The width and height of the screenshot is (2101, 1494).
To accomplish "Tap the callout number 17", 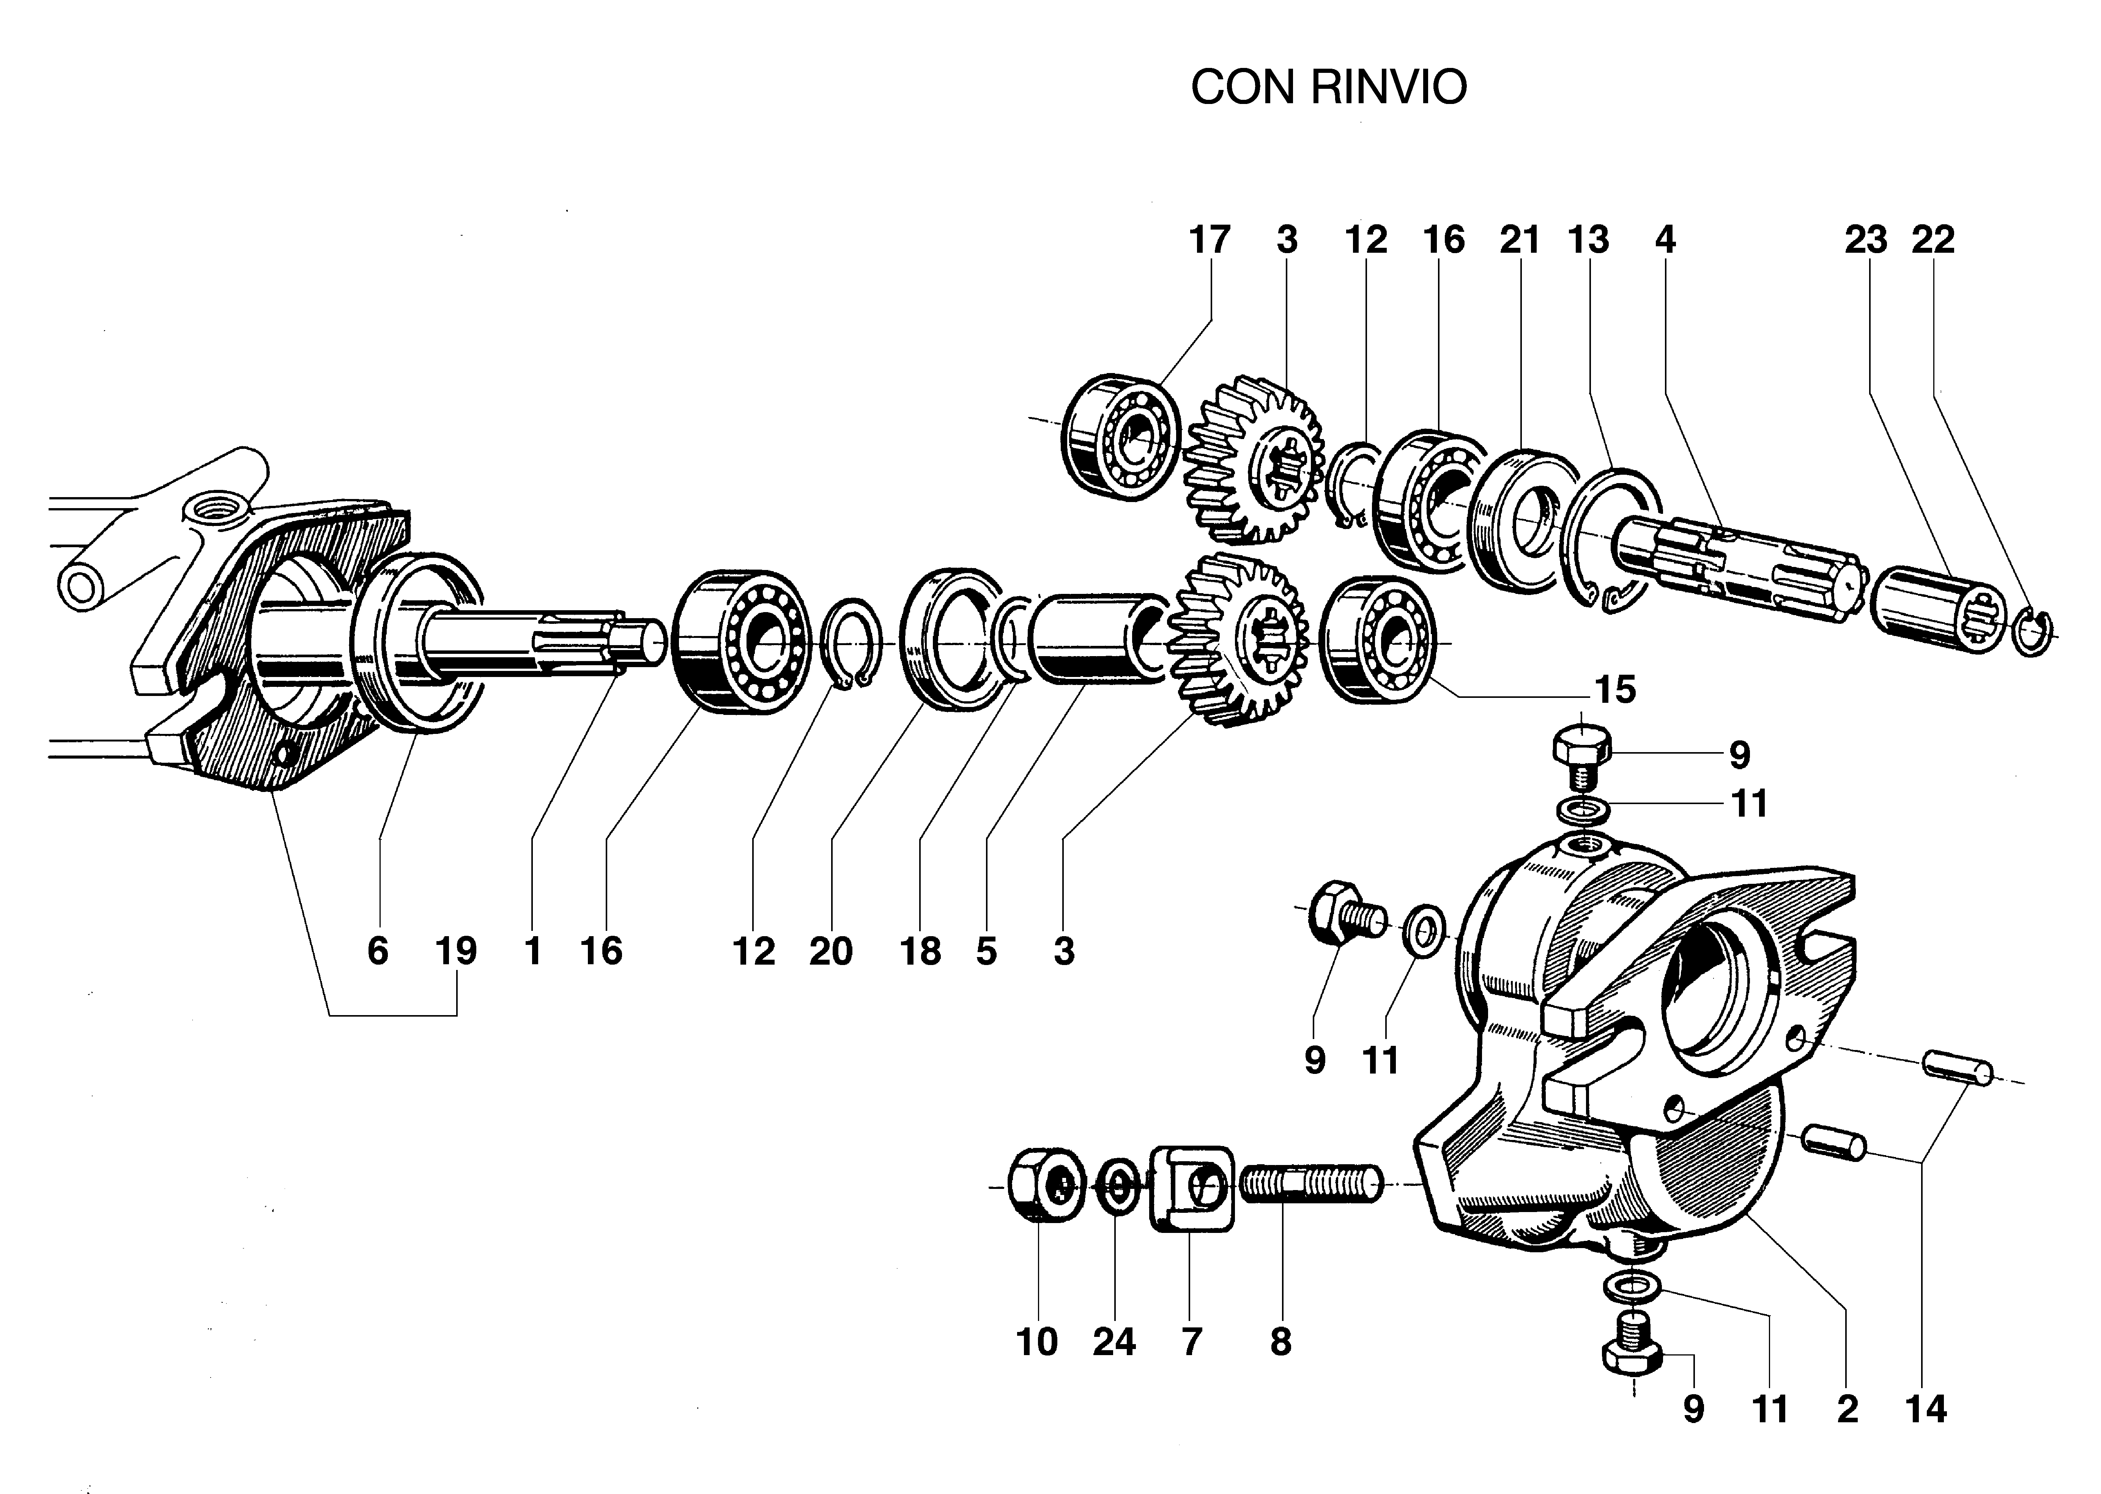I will click(x=1209, y=240).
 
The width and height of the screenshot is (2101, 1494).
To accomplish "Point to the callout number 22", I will click(x=1932, y=240).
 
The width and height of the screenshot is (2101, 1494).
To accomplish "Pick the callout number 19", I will click(x=456, y=951).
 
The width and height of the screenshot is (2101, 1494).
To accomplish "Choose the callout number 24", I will click(x=1114, y=1342).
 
